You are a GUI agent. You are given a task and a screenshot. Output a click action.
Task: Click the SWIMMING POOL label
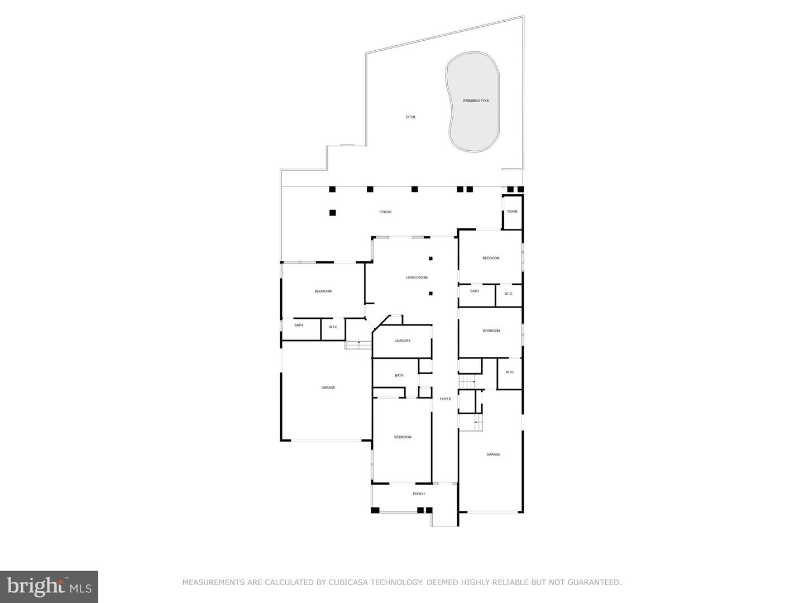click(x=476, y=100)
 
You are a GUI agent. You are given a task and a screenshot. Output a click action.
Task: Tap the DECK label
click(x=410, y=117)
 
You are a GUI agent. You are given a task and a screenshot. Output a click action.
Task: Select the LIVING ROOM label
click(x=417, y=277)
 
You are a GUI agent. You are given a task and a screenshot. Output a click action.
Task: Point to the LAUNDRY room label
click(x=402, y=341)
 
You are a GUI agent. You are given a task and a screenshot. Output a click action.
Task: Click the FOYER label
click(x=446, y=399)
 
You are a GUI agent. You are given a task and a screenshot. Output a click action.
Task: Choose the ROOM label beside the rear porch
click(x=512, y=211)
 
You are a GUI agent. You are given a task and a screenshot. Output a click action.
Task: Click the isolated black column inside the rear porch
click(x=332, y=212)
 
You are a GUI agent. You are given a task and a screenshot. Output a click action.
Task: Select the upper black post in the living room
click(x=430, y=259)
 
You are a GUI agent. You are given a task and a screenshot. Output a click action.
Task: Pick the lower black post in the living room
click(x=430, y=293)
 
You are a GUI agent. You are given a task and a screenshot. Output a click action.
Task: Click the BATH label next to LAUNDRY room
click(x=399, y=375)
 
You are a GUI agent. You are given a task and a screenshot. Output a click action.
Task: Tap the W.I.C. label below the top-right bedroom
click(x=509, y=294)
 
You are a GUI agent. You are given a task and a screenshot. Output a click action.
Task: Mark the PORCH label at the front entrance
click(x=419, y=494)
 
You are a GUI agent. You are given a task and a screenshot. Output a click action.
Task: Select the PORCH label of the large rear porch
click(x=385, y=212)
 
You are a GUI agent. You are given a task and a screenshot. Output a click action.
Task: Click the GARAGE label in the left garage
click(x=328, y=387)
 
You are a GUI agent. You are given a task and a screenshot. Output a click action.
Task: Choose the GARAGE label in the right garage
click(x=493, y=454)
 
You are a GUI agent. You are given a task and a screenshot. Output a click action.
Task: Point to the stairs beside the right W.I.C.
click(x=467, y=382)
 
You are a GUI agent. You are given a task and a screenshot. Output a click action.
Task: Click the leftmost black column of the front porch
click(x=375, y=510)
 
